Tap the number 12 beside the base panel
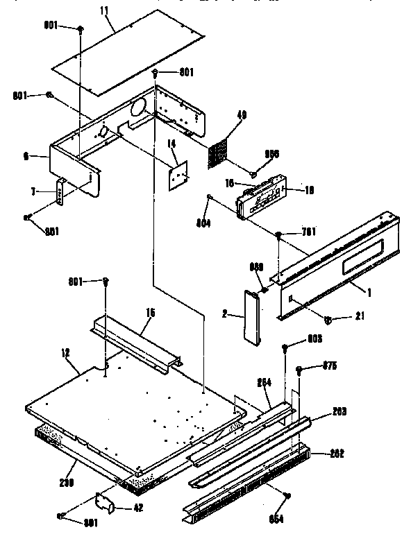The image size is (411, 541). [65, 353]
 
